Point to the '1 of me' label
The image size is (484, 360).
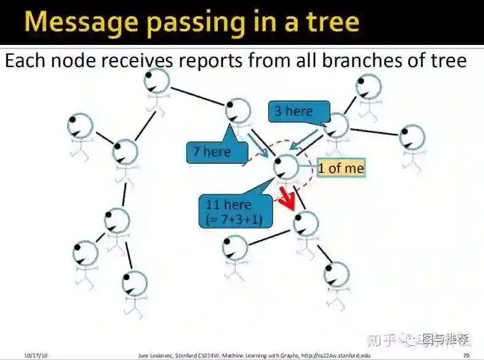pos(341,168)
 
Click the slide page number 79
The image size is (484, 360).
pos(466,356)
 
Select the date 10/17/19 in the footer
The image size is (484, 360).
pos(36,356)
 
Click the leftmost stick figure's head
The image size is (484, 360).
pos(80,126)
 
